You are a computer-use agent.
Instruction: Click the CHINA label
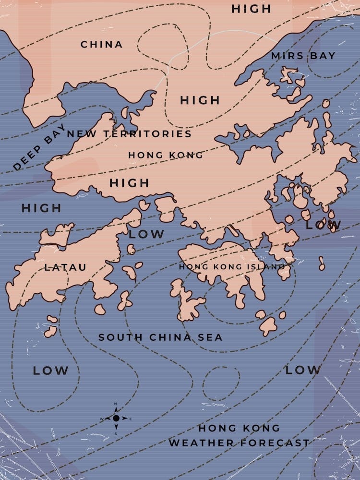(x=101, y=45)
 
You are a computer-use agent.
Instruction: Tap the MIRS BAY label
(x=303, y=56)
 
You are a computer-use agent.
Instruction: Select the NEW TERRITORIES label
(x=129, y=134)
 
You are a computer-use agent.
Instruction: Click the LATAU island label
(x=65, y=267)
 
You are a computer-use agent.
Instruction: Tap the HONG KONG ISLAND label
(x=232, y=266)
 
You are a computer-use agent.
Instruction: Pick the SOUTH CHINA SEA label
(x=160, y=337)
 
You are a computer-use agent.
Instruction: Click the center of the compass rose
(x=116, y=418)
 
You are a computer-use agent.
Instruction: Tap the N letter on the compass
(x=116, y=404)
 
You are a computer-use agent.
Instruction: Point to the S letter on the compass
(x=116, y=433)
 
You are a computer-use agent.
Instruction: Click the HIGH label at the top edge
(x=252, y=9)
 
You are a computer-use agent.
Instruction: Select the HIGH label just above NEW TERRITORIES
(x=200, y=100)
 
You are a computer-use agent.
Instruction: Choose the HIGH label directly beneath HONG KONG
(x=129, y=183)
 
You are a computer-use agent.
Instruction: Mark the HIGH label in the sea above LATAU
(x=41, y=208)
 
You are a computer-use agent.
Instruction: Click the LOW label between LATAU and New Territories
(x=146, y=235)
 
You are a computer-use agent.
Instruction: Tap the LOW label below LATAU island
(x=50, y=371)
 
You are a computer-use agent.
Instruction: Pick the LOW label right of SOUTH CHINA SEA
(x=302, y=370)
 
